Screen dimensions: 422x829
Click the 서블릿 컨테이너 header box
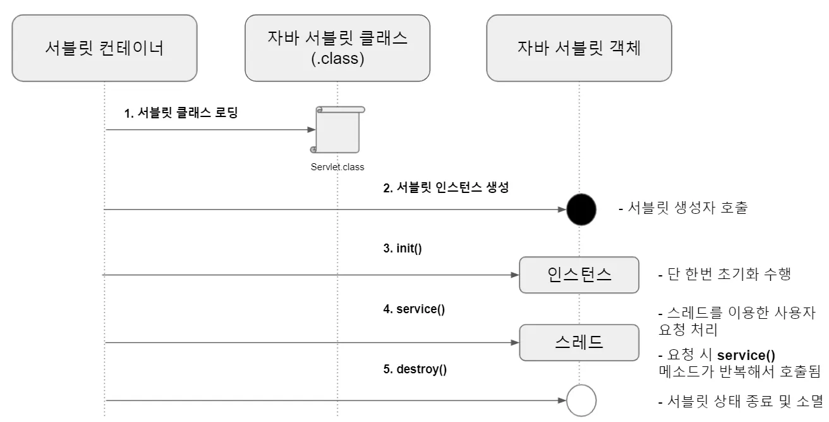pos(104,48)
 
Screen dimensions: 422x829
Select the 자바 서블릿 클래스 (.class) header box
pos(337,48)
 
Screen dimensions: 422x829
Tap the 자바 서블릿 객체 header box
pos(578,48)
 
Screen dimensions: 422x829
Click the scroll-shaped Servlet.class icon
pos(338,130)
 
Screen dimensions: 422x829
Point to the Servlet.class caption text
pos(337,168)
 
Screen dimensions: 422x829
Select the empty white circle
pos(581,400)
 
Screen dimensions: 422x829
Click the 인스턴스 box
pos(579,275)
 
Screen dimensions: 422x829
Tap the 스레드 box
pos(579,342)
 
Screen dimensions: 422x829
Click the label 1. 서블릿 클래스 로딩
pos(181,114)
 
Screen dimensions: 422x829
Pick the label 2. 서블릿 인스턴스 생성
pos(445,188)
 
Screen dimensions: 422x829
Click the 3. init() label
pos(402,249)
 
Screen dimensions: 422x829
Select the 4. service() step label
pos(414,309)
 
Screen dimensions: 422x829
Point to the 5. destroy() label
pos(415,369)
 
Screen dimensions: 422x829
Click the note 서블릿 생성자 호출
pos(682,208)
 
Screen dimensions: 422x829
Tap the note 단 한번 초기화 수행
pos(724,275)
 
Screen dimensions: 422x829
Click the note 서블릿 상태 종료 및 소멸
pos(740,401)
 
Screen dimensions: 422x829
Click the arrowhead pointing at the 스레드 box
pos(514,343)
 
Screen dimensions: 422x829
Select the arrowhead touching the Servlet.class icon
pos(311,130)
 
